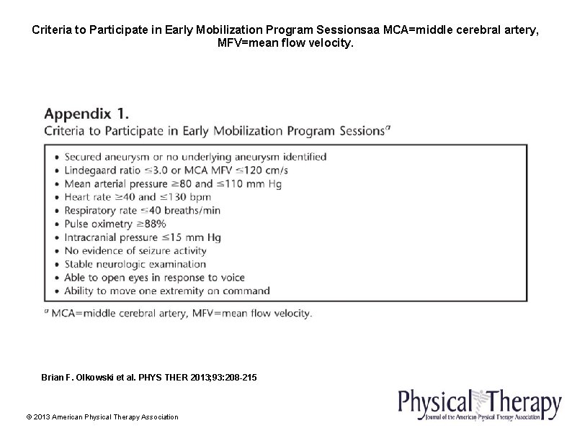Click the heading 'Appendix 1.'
coord(87,113)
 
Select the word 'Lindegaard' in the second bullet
coord(91,170)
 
